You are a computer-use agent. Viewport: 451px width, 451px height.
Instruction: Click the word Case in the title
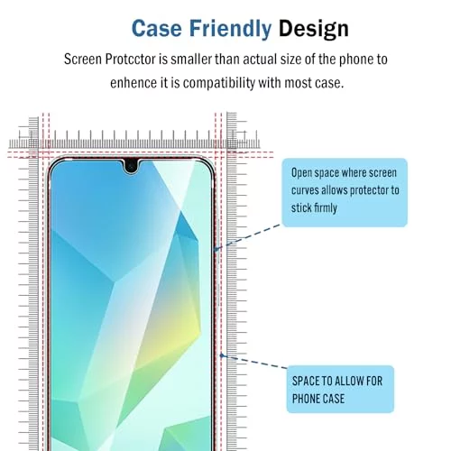[157, 29]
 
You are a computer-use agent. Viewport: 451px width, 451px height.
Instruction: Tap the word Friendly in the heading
[230, 29]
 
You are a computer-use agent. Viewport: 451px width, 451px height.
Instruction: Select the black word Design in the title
[314, 29]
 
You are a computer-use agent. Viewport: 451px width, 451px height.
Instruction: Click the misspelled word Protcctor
[131, 59]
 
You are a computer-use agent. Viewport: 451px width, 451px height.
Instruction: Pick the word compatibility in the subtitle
[219, 83]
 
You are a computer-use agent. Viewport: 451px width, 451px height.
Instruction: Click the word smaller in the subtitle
[191, 59]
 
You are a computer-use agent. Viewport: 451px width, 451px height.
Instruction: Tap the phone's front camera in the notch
[131, 166]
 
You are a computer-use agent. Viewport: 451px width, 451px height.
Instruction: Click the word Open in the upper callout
[301, 173]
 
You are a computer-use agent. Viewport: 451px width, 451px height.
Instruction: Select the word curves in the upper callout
[305, 190]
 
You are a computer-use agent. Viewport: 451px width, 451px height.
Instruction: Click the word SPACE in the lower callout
[306, 382]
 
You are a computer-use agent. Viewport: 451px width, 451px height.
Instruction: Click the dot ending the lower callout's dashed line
[222, 355]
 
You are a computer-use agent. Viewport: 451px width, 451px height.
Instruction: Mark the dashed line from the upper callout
[248, 237]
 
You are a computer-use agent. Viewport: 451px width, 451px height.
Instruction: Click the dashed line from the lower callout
[255, 362]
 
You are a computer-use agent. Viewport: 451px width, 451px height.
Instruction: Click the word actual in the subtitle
[260, 59]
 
